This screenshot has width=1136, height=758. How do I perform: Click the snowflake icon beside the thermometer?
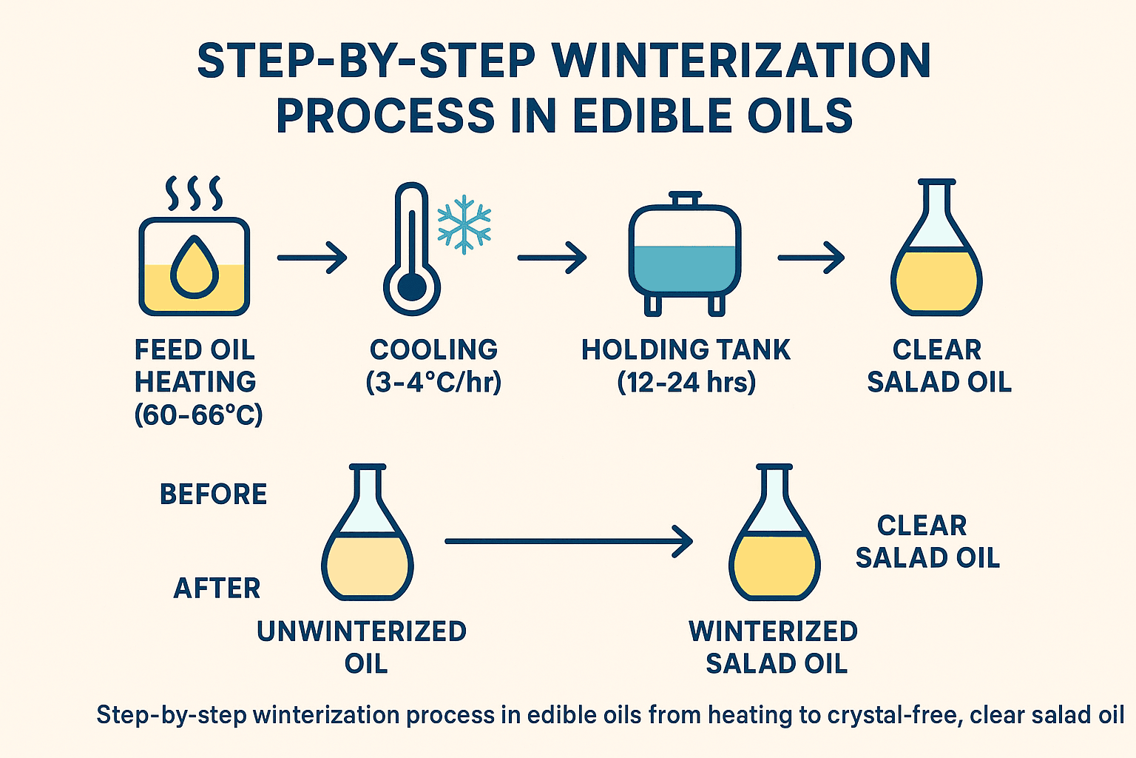[464, 224]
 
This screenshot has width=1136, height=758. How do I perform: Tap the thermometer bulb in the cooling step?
[412, 286]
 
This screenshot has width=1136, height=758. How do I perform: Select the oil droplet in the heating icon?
[195, 267]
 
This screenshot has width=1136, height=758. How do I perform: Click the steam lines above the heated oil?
[195, 192]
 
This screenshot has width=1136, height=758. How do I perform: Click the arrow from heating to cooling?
[311, 258]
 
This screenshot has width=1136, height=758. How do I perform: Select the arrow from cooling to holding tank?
[552, 258]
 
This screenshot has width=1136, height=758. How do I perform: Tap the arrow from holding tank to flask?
[811, 258]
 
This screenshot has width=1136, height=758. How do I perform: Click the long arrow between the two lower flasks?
[568, 541]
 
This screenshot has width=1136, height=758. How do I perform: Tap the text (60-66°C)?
[198, 415]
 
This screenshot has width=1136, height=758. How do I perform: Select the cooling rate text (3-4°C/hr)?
[433, 382]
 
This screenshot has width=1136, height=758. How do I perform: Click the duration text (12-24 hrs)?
[686, 382]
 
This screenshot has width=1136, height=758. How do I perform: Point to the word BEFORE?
[213, 494]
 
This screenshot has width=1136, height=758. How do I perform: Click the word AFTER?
[217, 588]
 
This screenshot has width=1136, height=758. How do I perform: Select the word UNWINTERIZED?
[362, 631]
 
